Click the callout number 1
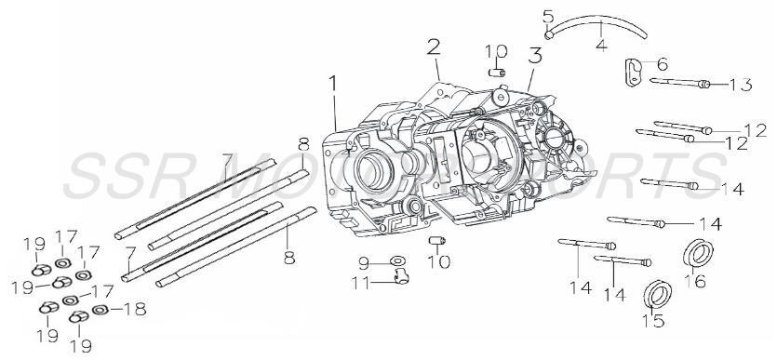[x=333, y=85]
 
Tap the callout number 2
[x=434, y=47]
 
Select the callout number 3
[x=533, y=53]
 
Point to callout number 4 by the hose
[x=601, y=43]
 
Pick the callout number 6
[x=663, y=64]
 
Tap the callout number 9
[x=364, y=260]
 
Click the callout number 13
[x=740, y=86]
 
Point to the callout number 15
[x=655, y=322]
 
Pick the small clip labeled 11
[x=400, y=276]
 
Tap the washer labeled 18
[x=100, y=308]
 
